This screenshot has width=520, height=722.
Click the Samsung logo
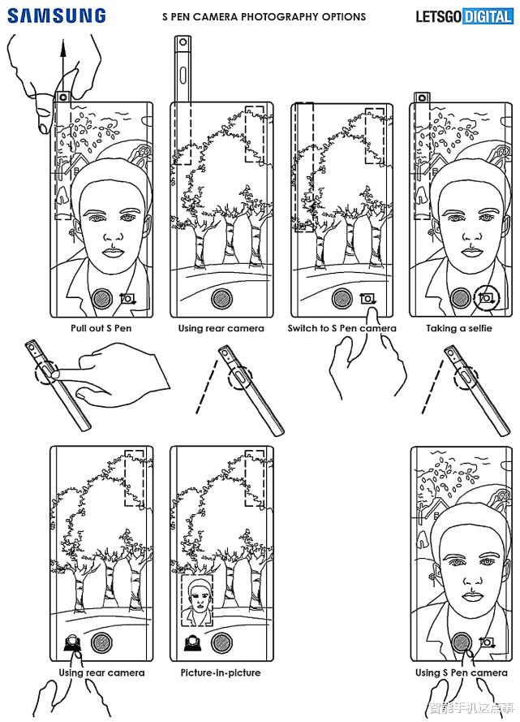(57, 16)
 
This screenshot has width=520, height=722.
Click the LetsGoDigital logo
(464, 17)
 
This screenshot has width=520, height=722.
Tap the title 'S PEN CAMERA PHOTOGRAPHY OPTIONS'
(264, 17)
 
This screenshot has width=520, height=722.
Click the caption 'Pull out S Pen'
(101, 328)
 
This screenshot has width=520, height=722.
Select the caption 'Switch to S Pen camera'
(342, 328)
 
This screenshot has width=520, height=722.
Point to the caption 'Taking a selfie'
(459, 328)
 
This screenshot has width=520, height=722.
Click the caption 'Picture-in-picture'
(221, 672)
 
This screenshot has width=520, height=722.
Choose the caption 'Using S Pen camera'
(461, 672)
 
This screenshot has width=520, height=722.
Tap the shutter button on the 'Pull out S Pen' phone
(101, 298)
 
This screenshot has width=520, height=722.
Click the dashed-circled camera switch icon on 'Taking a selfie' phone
(487, 298)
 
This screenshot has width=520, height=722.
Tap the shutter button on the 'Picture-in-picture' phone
(221, 642)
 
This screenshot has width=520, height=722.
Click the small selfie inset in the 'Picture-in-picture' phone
(197, 600)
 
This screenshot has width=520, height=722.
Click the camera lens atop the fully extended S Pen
(183, 42)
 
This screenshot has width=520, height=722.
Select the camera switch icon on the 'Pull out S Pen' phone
(128, 298)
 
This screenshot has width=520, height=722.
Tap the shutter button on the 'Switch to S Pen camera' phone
(342, 298)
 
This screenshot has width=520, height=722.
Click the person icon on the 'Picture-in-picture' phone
(192, 642)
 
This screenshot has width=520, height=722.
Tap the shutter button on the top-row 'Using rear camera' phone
(221, 298)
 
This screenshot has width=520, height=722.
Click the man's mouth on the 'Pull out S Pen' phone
(113, 253)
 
